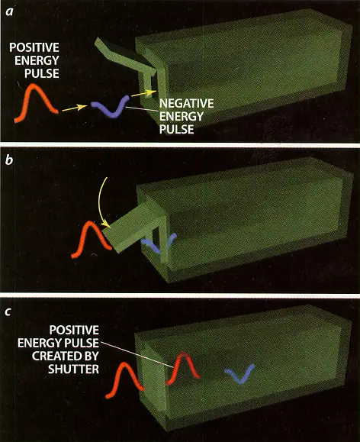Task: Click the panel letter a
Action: [10, 12]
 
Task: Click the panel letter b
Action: [9, 160]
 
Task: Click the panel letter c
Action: [8, 311]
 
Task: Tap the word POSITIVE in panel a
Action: [34, 47]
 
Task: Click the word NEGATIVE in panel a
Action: [186, 104]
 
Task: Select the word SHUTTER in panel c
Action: [73, 369]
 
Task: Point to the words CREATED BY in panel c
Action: [66, 356]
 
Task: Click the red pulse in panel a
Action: [36, 102]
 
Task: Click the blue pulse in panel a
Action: [111, 107]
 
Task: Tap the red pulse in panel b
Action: [91, 239]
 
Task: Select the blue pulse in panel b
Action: [159, 243]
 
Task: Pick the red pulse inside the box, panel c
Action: [183, 368]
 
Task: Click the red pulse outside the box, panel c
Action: [124, 380]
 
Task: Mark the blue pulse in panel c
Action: [240, 374]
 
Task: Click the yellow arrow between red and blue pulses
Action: [75, 108]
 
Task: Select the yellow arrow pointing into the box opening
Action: [143, 94]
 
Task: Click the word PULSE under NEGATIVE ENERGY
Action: [177, 129]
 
